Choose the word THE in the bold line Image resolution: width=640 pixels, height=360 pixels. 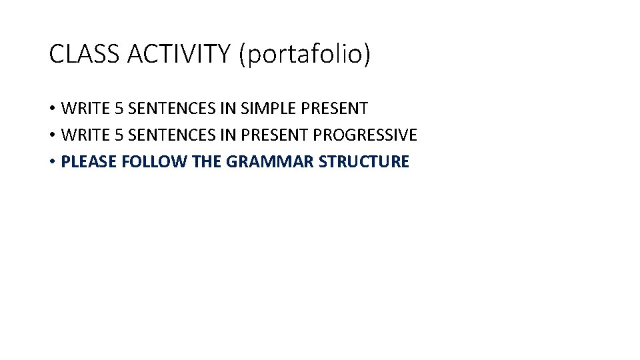207,161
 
